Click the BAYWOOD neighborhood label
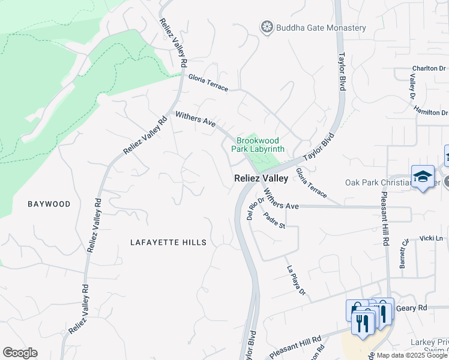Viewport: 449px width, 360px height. pos(49,204)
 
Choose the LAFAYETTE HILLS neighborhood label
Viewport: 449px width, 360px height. pos(169,242)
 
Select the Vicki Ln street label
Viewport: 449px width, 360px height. pos(431,238)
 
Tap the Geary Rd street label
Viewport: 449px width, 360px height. pos(414,308)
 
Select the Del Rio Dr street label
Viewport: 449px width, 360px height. pos(255,208)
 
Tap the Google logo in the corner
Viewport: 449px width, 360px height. pos(20,353)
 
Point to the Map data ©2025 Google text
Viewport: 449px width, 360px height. pos(412,355)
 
